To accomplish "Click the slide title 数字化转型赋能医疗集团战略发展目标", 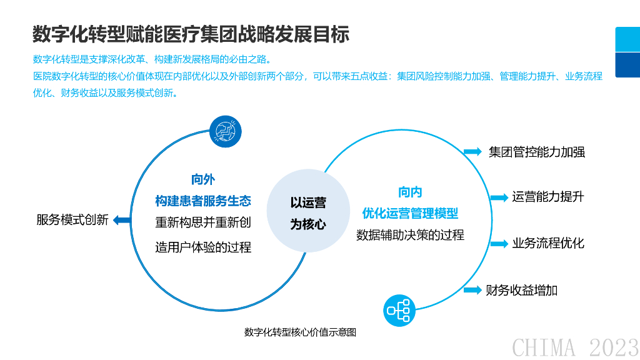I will click(x=191, y=34).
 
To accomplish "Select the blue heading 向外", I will click(x=202, y=179).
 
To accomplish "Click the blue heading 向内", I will click(x=410, y=192).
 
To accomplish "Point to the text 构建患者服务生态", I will click(x=202, y=201).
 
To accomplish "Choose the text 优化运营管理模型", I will click(x=410, y=213).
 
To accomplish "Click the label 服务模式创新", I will click(x=72, y=219).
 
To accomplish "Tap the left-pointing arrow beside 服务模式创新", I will click(x=121, y=219).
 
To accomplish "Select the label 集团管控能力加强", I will click(x=536, y=152).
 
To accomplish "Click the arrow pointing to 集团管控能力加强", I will click(x=473, y=151).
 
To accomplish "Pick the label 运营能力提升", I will click(x=547, y=197).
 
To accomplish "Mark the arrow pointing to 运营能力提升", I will click(x=499, y=197).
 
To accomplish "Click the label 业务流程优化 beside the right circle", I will click(x=547, y=243).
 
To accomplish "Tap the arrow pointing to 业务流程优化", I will click(x=499, y=244).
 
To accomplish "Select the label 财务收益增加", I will click(x=521, y=290).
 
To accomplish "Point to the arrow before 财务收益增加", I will click(x=473, y=289).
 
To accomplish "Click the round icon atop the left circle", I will click(x=225, y=131).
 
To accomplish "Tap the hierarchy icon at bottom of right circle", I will click(x=399, y=310).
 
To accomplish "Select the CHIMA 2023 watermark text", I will click(x=575, y=347).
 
